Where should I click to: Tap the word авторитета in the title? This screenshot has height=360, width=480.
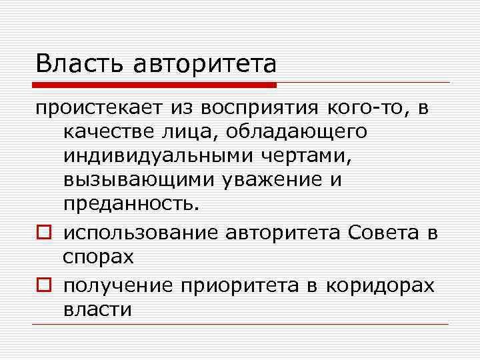(x=205, y=64)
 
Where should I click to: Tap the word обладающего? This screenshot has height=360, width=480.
(x=296, y=132)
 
